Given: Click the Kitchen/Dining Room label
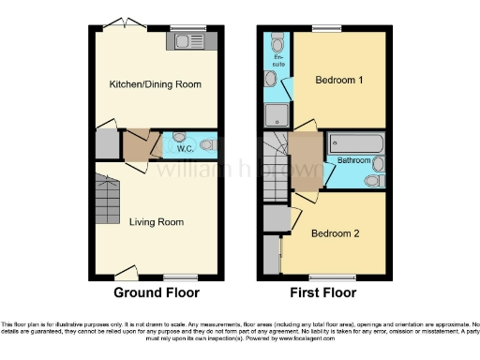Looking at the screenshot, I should tap(156, 84).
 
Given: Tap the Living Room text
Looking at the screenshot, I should tap(157, 222).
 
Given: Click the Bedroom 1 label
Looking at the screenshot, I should tap(338, 80).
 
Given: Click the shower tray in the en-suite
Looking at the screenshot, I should tap(277, 114).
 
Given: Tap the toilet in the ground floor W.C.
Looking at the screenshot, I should tap(208, 145).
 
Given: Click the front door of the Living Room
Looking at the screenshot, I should tap(127, 273).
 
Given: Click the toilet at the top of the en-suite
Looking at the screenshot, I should tap(277, 42).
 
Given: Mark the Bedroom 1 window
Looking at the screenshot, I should tap(327, 29).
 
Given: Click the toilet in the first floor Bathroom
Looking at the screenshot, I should tap(374, 180).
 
